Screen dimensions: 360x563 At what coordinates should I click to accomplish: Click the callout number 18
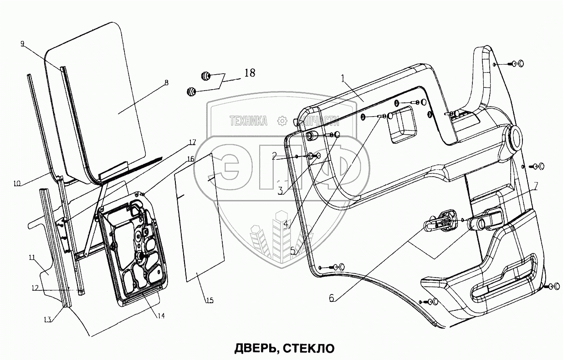(249, 73)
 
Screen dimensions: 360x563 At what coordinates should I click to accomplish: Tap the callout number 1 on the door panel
(343, 79)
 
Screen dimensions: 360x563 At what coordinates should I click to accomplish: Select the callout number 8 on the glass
(166, 82)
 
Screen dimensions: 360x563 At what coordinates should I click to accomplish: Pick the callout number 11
(31, 257)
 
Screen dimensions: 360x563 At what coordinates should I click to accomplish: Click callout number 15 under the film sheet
(209, 300)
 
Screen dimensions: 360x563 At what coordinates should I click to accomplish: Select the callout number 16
(189, 158)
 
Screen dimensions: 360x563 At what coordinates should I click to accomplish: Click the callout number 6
(331, 299)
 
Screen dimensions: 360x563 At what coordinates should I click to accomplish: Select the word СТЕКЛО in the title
(308, 349)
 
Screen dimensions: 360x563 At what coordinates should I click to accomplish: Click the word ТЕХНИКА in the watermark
(248, 121)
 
